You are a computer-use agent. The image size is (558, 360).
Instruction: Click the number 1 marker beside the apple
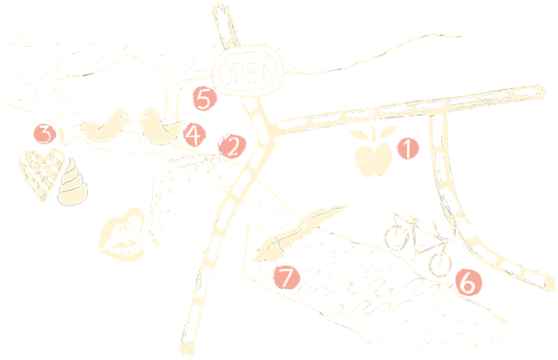coord(408,148)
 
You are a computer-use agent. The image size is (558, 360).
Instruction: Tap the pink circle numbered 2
coord(233,147)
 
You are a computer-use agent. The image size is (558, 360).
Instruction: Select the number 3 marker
coord(45,134)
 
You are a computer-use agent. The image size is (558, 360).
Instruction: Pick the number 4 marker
coord(195,135)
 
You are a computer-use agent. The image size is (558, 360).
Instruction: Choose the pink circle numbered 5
coord(205,99)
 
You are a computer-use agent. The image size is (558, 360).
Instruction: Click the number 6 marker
coord(468,282)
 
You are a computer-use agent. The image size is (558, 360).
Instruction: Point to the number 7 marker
coord(287,277)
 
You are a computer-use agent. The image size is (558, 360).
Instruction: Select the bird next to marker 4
coord(160,126)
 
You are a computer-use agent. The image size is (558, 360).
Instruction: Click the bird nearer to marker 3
coord(106,125)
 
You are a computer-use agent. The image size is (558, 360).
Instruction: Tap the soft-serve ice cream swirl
coord(73,183)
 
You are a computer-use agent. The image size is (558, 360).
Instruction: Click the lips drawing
coord(123,234)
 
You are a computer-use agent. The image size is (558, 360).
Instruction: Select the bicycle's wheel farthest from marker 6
coord(396,236)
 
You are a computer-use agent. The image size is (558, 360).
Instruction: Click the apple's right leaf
coord(387,131)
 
